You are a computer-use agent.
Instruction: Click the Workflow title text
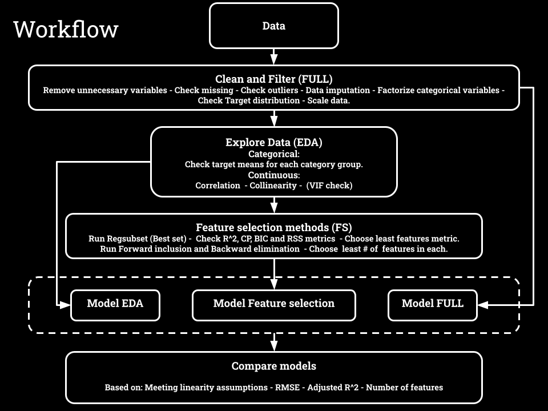coord(66,29)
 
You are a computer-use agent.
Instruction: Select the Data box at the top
coord(273,26)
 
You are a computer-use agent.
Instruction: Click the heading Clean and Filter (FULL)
coord(273,79)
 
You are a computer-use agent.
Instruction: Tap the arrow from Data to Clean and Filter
coord(273,57)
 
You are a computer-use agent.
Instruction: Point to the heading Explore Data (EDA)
coord(273,142)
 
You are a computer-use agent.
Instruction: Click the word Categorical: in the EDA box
coord(273,154)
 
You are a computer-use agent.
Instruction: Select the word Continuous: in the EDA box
coord(273,175)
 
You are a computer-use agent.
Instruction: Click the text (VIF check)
coord(329,186)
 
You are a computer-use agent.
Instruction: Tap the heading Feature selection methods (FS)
coord(273,227)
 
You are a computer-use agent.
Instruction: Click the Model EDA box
coord(115,304)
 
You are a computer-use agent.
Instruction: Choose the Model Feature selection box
coord(273,304)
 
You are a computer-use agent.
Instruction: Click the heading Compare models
coord(273,366)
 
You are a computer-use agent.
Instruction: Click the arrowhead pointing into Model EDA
coord(66,305)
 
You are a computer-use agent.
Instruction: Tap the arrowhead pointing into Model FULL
coord(482,305)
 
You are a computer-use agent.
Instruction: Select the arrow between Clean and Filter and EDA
coord(273,118)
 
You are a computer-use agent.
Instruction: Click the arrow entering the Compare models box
coord(273,342)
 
